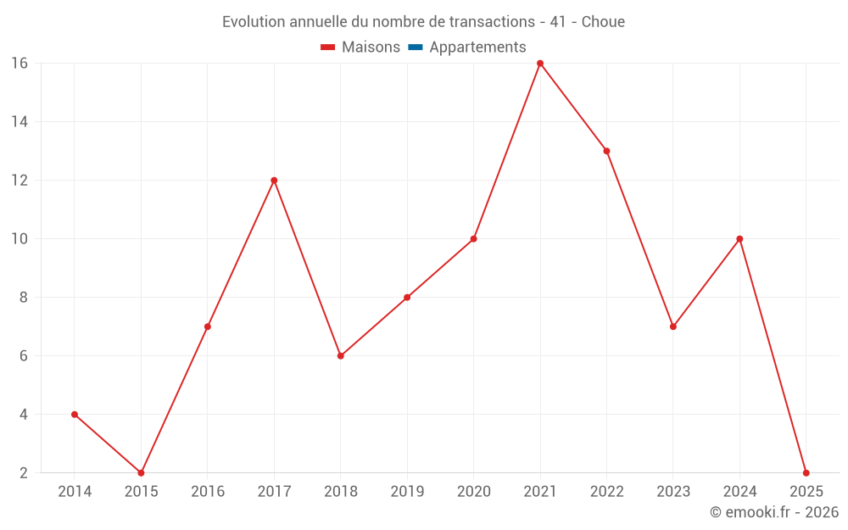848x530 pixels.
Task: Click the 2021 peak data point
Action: click(x=540, y=64)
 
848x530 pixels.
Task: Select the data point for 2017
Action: click(x=274, y=181)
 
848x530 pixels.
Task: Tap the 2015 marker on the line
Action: click(x=141, y=472)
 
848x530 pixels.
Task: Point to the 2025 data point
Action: click(x=806, y=472)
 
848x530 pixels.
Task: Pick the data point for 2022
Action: click(x=606, y=151)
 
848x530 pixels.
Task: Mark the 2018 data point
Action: click(x=340, y=356)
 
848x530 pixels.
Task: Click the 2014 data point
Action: click(x=75, y=415)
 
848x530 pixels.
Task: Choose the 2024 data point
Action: click(x=739, y=239)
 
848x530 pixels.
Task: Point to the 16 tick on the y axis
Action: click(x=20, y=64)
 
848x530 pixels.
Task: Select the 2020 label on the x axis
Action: click(x=473, y=492)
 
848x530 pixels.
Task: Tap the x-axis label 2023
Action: click(x=673, y=492)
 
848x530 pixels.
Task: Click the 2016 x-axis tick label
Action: click(x=208, y=492)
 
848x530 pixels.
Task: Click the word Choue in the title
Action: click(x=603, y=22)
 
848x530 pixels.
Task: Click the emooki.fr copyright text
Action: click(x=774, y=512)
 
